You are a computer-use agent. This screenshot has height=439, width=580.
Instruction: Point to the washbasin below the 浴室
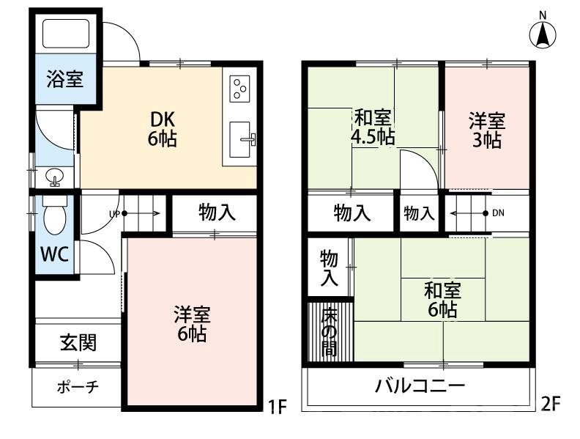[54, 176]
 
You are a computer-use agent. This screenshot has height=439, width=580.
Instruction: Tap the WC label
[54, 254]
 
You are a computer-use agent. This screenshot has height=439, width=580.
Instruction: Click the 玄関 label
[78, 342]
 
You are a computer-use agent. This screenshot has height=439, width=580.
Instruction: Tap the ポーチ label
[77, 386]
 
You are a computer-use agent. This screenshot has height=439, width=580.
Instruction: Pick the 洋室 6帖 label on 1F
[192, 325]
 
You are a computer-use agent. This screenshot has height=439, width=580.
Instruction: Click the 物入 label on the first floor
[217, 213]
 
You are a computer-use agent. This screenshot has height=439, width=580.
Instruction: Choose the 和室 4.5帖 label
[373, 127]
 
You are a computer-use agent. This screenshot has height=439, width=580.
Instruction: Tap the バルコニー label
[420, 386]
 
